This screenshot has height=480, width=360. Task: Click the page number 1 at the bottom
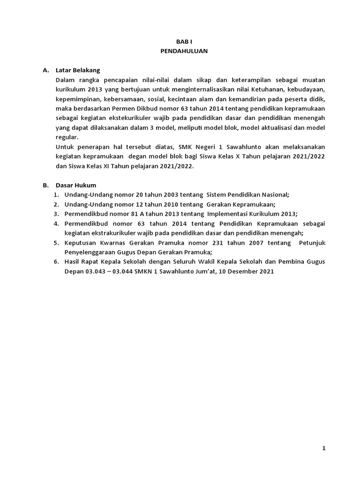pos(323,448)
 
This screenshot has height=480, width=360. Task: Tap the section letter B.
pos(46,185)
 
